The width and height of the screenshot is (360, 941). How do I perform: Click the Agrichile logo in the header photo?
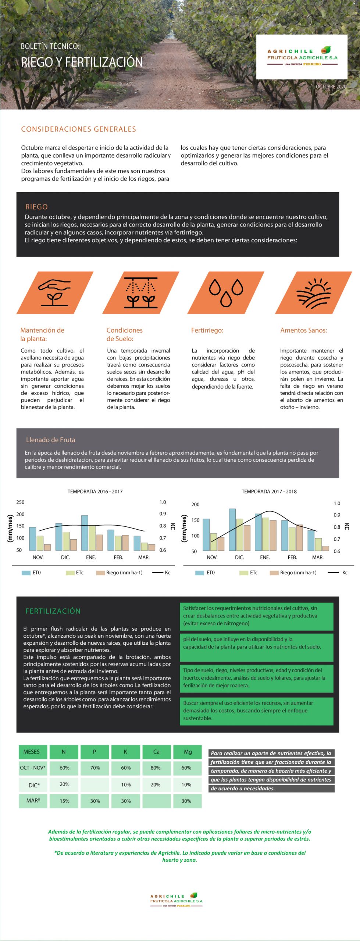coord(302,57)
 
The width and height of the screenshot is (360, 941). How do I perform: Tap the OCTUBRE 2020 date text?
coord(331,87)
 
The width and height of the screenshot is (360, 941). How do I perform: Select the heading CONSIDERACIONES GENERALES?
coord(78,129)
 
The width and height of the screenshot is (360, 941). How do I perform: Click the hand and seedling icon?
coord(55,293)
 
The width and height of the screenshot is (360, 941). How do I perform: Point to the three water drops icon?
coord(227,293)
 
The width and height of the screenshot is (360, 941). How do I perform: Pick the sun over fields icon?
coord(314,293)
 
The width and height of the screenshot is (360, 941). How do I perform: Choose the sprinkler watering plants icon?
coord(141,293)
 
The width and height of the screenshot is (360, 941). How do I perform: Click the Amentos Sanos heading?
coord(303,330)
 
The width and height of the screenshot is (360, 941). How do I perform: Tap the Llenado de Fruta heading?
coord(50,440)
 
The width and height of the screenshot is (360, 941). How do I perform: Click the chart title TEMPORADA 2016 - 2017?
coord(95,491)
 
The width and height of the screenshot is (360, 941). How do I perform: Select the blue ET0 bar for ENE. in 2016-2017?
coord(85,533)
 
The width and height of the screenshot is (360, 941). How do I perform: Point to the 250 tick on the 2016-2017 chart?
coord(20,502)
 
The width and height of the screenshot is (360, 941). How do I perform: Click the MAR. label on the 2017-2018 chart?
coord(318,557)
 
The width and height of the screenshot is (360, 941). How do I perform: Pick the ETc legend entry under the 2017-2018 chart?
coord(249,572)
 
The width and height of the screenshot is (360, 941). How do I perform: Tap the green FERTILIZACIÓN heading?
coord(53,611)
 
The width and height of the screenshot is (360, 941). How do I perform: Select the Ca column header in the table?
coord(156,752)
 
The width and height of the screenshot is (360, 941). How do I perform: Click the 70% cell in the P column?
coord(95,768)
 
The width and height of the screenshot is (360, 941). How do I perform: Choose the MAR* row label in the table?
coord(33,801)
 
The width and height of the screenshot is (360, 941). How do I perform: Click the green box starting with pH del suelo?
coord(256,643)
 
